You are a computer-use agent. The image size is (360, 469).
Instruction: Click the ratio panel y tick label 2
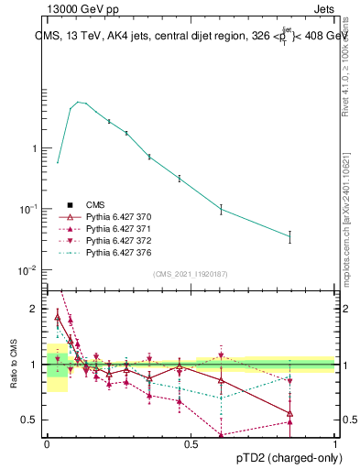pyautogui.click(x=35, y=309)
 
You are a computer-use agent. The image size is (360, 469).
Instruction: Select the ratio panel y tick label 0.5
pyautogui.click(x=30, y=420)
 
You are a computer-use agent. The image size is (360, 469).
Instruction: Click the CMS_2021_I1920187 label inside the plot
pyautogui.click(x=191, y=274)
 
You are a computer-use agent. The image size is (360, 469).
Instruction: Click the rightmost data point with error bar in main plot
pyautogui.click(x=289, y=236)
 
